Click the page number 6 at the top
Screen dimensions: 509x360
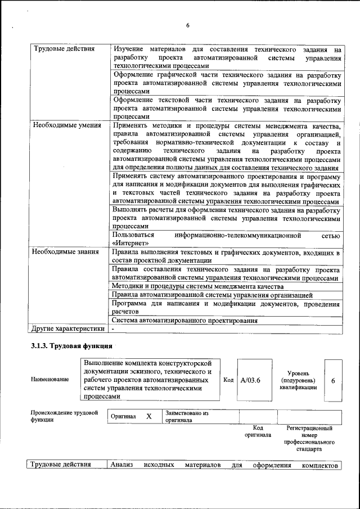pyautogui.click(x=188, y=25)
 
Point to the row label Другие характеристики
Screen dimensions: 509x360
pyautogui.click(x=68, y=328)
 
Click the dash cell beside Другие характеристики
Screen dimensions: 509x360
pyautogui.click(x=113, y=328)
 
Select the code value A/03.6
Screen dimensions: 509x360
pyautogui.click(x=250, y=380)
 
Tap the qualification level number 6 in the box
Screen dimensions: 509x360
pyautogui.click(x=333, y=381)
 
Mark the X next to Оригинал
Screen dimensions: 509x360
pyautogui.click(x=149, y=417)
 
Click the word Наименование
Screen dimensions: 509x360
pyautogui.click(x=51, y=380)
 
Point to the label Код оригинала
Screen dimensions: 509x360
pyautogui.click(x=258, y=431)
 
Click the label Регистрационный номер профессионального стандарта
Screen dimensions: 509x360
pyautogui.click(x=309, y=439)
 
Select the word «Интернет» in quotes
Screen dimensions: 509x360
pyautogui.click(x=130, y=243)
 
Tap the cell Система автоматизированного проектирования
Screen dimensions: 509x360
pyautogui.click(x=184, y=321)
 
